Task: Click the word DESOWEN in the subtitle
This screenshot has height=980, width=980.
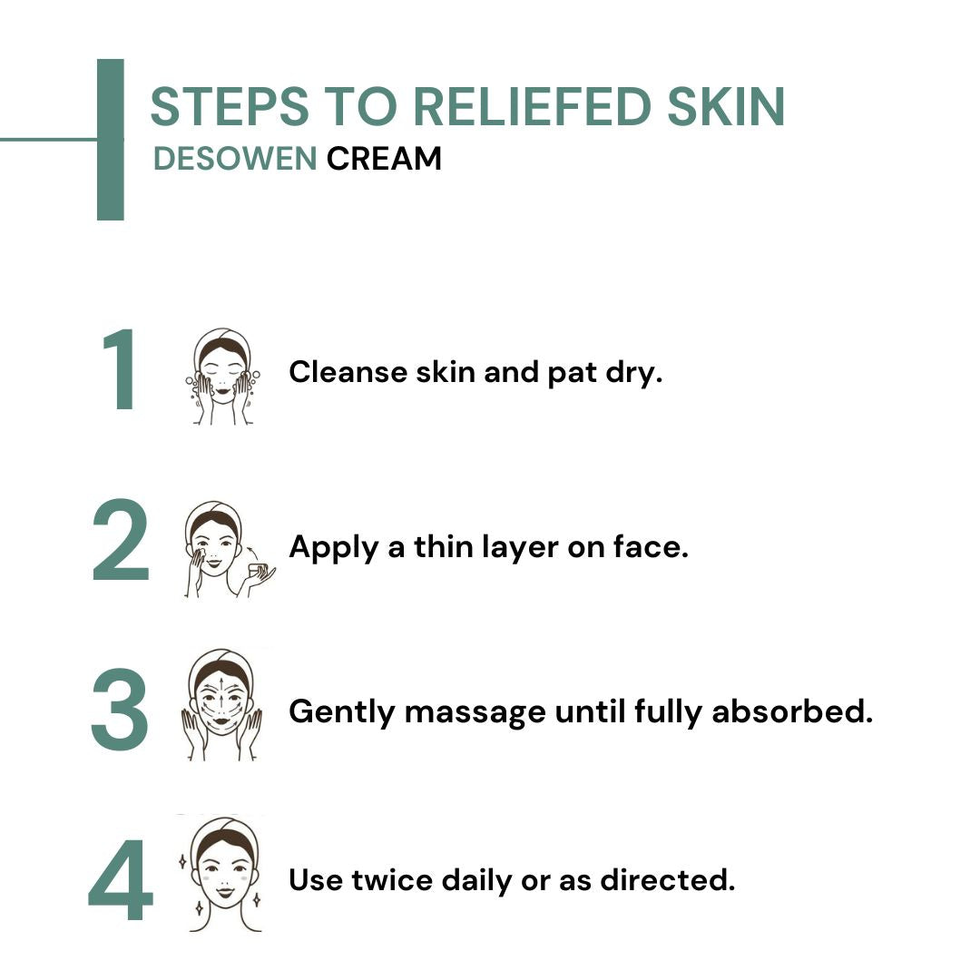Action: [234, 159]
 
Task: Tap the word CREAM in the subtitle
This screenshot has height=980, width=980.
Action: [385, 159]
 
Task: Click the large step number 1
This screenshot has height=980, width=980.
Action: [121, 372]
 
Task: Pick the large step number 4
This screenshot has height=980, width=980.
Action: [121, 880]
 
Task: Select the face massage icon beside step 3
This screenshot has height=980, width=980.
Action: [221, 705]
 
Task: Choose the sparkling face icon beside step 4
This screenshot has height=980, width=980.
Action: [220, 873]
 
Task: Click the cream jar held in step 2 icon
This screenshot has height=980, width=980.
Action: [259, 570]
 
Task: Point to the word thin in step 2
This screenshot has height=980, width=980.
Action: [446, 547]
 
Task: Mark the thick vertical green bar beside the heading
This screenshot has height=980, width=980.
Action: [110, 140]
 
